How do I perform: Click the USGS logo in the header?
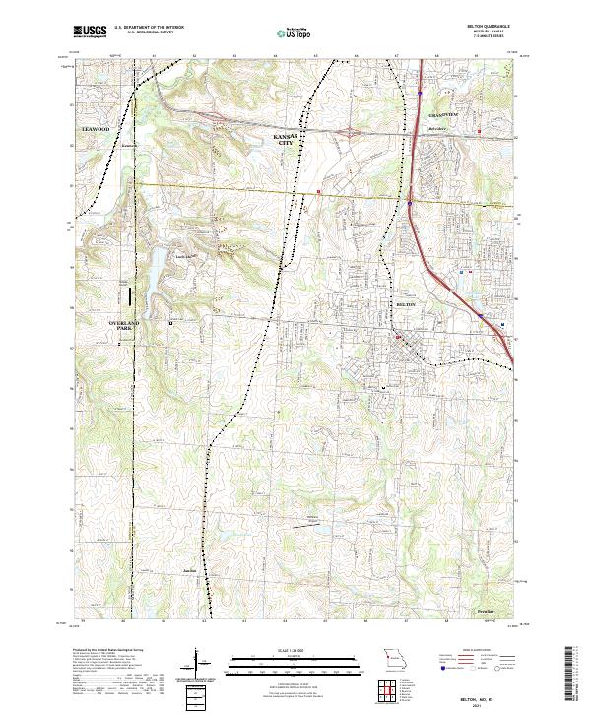click(x=90, y=32)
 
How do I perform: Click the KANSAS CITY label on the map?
click(x=286, y=139)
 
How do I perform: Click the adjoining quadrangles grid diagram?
click(x=385, y=688)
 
